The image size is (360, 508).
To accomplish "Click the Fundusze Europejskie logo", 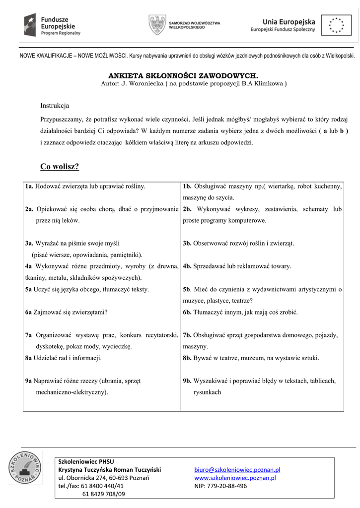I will (53, 25).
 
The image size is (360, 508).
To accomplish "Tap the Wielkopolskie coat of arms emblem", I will (157, 25).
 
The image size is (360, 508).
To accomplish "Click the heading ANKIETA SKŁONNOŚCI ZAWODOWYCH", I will (183, 76).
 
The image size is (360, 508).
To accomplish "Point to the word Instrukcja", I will (55, 106).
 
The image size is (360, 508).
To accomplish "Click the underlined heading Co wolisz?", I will (60, 166).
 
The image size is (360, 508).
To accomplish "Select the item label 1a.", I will (29, 187).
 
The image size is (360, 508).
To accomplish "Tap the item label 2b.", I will (187, 209).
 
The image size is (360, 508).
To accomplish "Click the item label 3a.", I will (29, 244).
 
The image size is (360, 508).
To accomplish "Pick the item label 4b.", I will (187, 266).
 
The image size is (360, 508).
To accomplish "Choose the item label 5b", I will (187, 289).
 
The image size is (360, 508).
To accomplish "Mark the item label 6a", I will (29, 313).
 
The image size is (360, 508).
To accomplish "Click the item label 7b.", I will (187, 335).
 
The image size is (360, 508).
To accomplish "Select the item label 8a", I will (29, 358).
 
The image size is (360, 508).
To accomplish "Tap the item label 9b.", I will (187, 381).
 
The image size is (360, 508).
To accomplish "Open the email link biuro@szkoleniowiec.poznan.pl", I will (237, 469).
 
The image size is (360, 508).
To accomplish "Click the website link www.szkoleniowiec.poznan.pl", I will (235, 478).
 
